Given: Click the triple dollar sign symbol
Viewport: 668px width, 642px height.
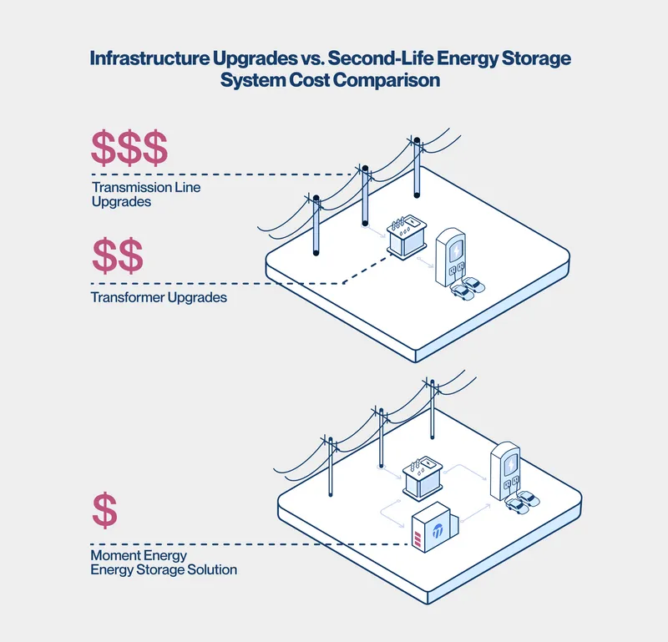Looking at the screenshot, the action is click(129, 149).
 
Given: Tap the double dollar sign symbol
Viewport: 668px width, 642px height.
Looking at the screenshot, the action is click(117, 256).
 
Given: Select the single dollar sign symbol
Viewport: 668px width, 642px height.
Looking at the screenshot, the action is click(104, 510).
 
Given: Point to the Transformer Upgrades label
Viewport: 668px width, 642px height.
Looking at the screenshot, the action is click(159, 297).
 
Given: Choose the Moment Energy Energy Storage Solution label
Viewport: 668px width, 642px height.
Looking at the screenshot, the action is click(164, 562).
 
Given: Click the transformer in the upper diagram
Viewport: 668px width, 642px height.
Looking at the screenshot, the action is click(405, 237).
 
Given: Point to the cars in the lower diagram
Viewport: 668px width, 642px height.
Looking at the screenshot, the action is click(520, 501).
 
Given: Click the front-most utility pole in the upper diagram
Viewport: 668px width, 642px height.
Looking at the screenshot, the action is click(316, 225).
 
